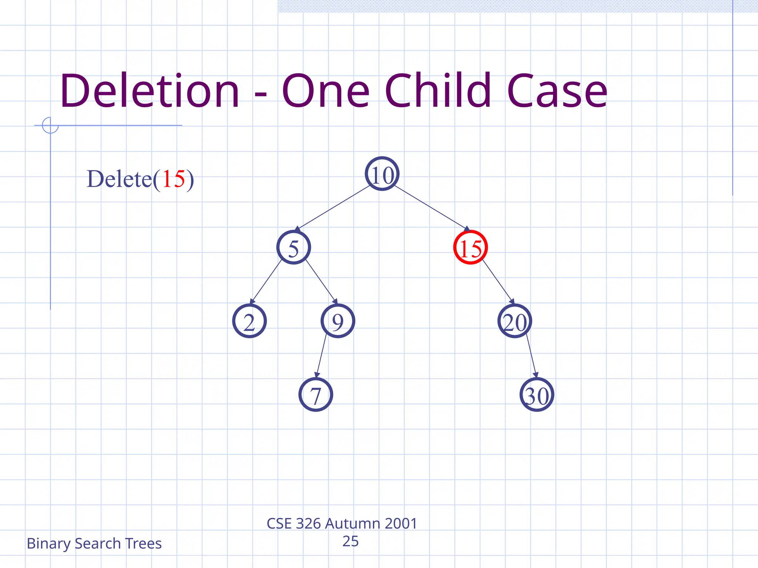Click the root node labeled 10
[x=382, y=174]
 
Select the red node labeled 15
[x=470, y=247]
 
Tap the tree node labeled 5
[x=294, y=247]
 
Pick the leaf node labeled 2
[x=249, y=321]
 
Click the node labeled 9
[x=338, y=321]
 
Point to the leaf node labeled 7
[x=316, y=395]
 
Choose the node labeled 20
[x=515, y=321]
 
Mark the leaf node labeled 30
[x=537, y=395]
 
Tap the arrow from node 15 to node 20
[x=498, y=282]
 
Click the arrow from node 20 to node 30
[x=531, y=356]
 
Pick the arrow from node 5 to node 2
[x=266, y=282]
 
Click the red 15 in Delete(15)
[x=173, y=179]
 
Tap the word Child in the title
[x=437, y=91]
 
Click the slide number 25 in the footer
[x=350, y=541]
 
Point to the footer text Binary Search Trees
[x=94, y=544]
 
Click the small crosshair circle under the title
[x=50, y=125]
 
